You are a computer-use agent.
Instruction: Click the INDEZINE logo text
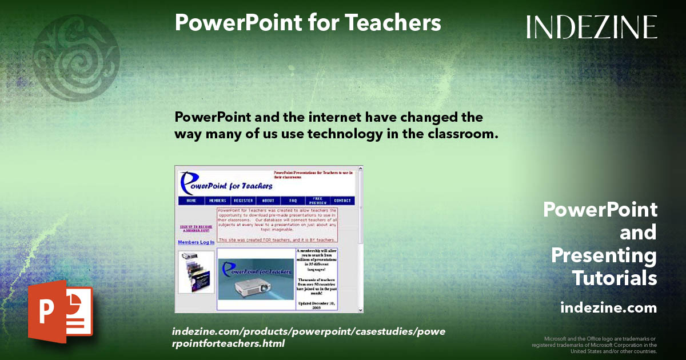point(592,27)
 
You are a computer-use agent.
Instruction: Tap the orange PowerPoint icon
point(59,311)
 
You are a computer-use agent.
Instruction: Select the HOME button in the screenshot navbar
point(192,201)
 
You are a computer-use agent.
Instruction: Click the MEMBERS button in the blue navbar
point(217,201)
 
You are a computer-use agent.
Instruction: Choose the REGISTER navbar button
point(243,201)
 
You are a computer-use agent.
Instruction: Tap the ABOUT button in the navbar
point(268,201)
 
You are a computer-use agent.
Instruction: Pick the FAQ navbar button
point(293,201)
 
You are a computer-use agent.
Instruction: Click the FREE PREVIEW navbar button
point(317,201)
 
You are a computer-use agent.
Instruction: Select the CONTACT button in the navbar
point(342,201)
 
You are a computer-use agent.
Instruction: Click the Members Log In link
point(196,242)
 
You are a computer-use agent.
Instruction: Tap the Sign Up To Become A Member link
point(196,228)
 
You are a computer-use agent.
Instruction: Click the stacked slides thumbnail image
point(196,272)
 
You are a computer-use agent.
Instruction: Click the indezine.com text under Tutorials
point(608,308)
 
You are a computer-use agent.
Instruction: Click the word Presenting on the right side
point(604,255)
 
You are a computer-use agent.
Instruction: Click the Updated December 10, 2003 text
point(316,304)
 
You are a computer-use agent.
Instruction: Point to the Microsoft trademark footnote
point(595,345)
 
